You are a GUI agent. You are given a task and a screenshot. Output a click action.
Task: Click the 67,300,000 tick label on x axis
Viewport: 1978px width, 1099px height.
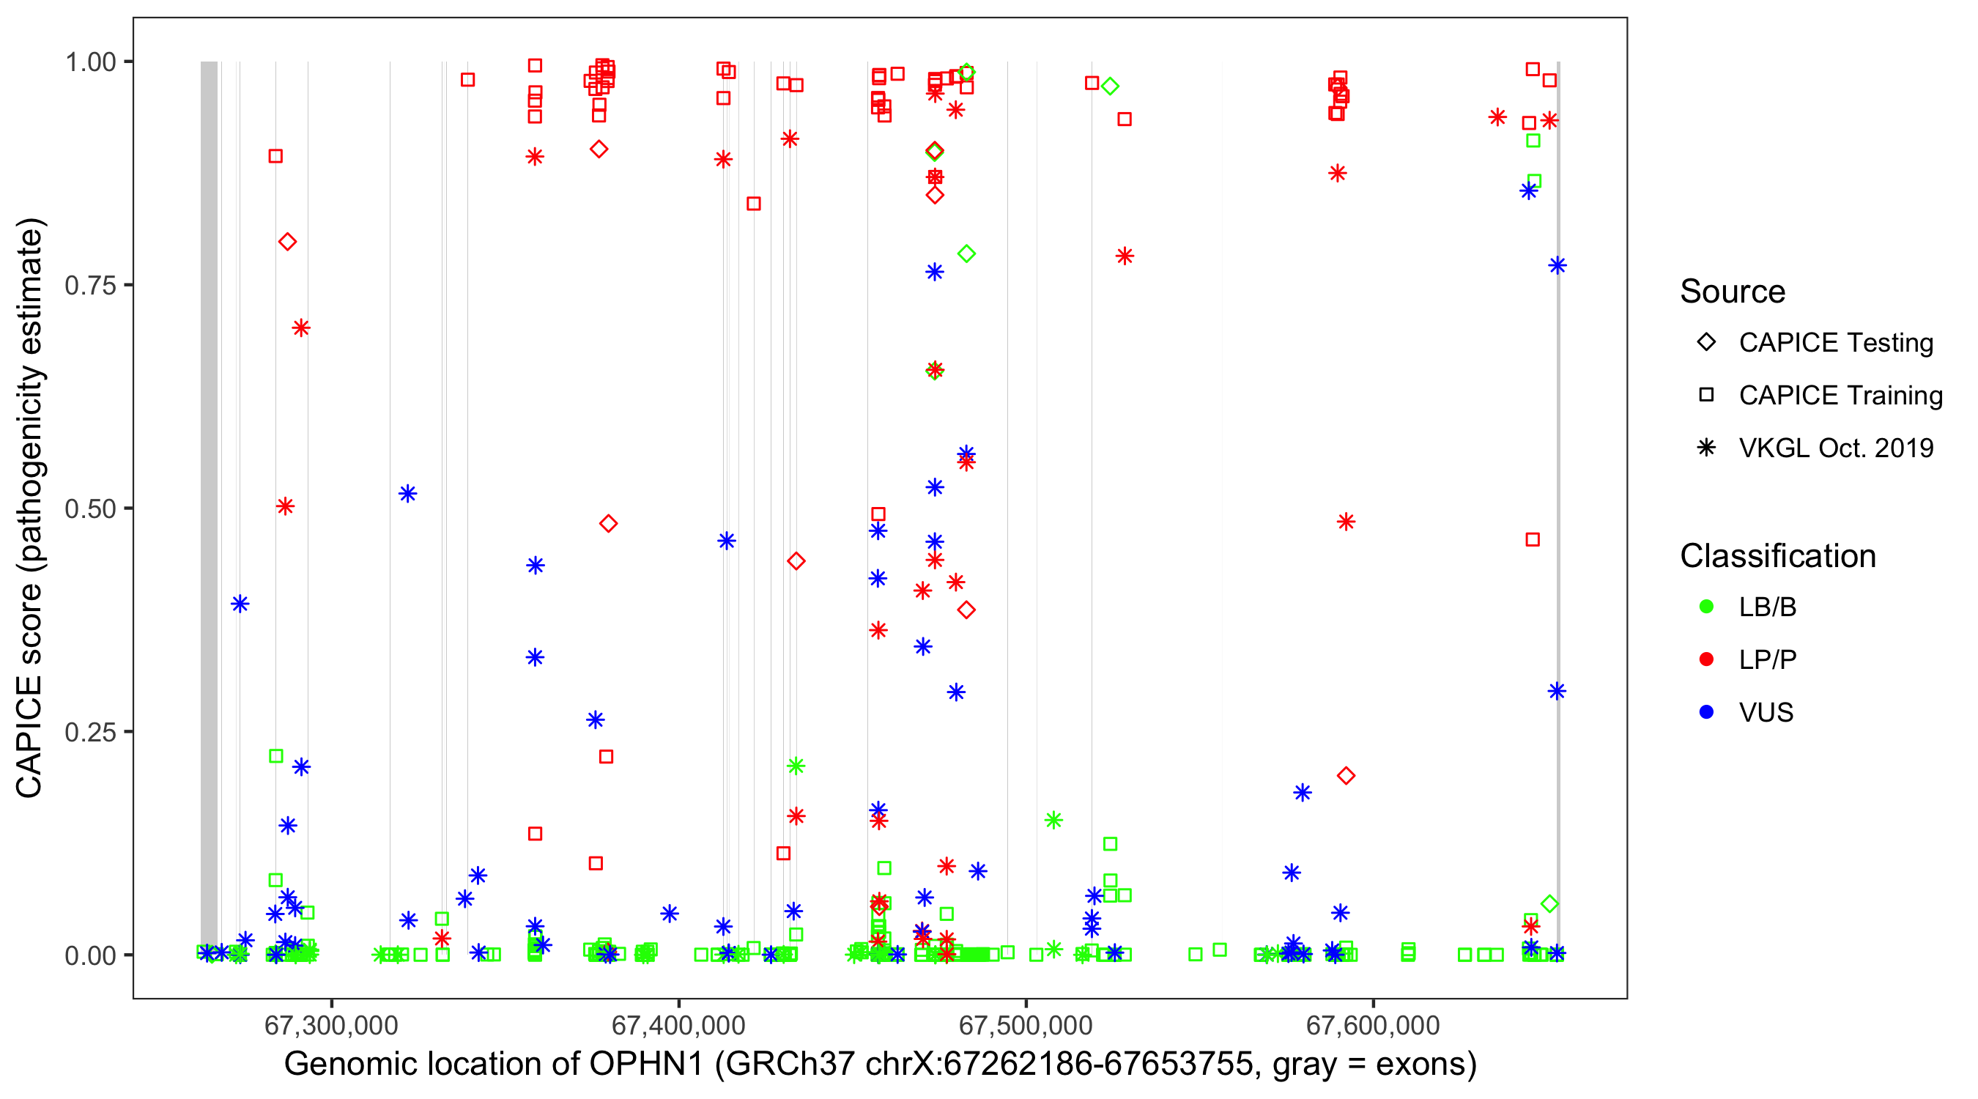click(x=331, y=1025)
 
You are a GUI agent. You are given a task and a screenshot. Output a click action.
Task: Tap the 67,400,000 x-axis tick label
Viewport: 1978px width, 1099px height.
click(x=678, y=1025)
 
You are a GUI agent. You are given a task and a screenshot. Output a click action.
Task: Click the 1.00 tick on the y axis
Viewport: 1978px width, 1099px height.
click(x=90, y=62)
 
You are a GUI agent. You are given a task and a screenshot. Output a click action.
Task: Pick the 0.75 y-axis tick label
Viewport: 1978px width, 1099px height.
click(x=90, y=286)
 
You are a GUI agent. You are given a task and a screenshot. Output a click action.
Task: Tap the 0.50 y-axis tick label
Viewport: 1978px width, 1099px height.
click(x=90, y=508)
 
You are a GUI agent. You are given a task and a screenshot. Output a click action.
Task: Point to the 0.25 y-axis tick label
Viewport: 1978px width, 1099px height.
click(x=90, y=732)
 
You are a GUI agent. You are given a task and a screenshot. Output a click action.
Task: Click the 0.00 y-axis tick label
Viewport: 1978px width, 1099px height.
click(x=90, y=955)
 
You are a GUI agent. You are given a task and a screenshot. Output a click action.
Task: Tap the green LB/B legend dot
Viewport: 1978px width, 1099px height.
click(x=1706, y=607)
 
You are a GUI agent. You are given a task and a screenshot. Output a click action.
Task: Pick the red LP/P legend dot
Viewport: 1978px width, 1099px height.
click(x=1706, y=659)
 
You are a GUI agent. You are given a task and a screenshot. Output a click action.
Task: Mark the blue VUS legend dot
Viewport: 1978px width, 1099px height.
click(x=1706, y=712)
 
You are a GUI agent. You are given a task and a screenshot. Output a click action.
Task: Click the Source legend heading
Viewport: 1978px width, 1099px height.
click(x=1733, y=292)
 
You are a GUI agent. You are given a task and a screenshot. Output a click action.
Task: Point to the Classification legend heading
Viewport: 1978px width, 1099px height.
click(x=1777, y=556)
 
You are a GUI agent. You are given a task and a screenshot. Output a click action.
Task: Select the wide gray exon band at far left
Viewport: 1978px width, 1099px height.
click(x=209, y=507)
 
